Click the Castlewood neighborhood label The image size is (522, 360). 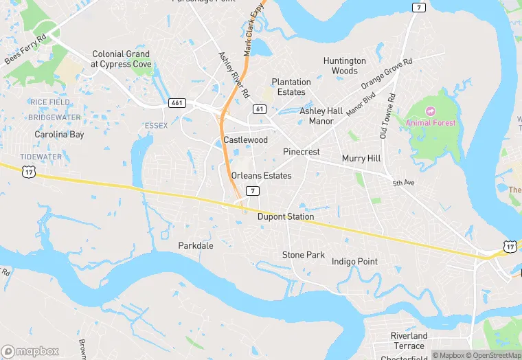(246, 140)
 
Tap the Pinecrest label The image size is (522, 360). (302, 152)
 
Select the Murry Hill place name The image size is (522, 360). (361, 159)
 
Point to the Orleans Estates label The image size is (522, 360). (261, 175)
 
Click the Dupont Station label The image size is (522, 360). (286, 216)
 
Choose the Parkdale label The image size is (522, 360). (196, 245)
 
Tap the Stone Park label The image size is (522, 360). (304, 255)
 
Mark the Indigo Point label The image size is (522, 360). (354, 262)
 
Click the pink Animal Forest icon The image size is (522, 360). (431, 111)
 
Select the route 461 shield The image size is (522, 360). (177, 102)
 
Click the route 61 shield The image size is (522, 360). (259, 109)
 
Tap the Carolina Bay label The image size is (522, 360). (60, 135)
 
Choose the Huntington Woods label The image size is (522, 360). (345, 66)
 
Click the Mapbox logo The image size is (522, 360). (30, 351)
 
